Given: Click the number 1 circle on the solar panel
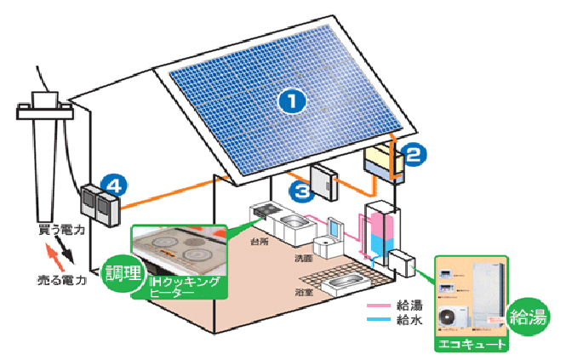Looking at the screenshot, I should coord(292,101).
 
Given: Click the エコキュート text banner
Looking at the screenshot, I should coord(470,345).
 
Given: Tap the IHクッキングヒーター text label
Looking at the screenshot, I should coord(183,286).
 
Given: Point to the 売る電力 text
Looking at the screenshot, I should coord(62,280).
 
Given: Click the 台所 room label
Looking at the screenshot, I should coord(258,242).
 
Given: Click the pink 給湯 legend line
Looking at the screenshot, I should coord(379,305).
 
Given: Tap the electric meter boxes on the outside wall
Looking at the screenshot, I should coord(100,205).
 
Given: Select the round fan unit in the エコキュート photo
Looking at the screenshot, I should coord(449,317).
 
